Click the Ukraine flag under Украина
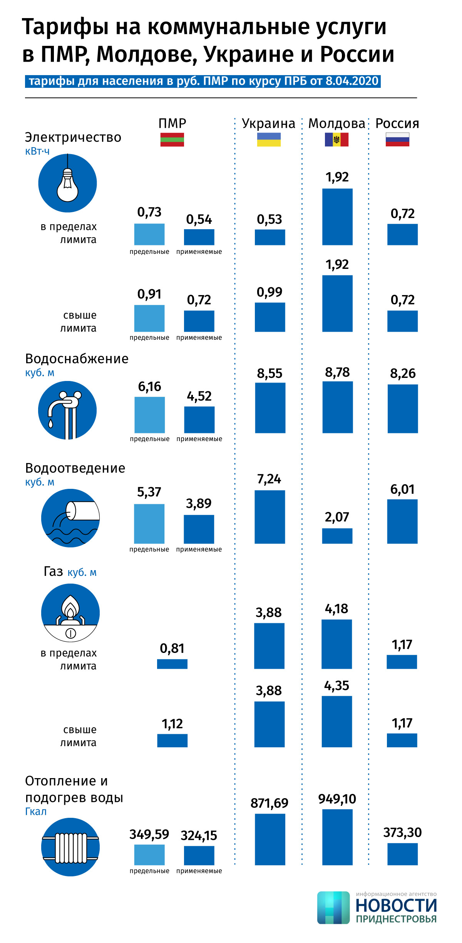tap(269, 139)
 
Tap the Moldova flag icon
tap(336, 139)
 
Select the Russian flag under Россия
tap(397, 139)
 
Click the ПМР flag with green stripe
tap(172, 139)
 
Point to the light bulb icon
tap(67, 183)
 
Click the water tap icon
tap(67, 410)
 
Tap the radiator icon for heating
tap(70, 847)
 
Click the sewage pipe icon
tap(70, 518)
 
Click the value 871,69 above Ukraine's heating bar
tap(269, 803)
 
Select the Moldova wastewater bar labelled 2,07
tap(337, 536)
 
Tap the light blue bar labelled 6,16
tap(150, 415)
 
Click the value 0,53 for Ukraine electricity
tap(269, 220)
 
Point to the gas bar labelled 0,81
tap(172, 664)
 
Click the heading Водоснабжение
tap(77, 359)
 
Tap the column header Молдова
tap(336, 124)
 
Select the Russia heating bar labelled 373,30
tap(402, 854)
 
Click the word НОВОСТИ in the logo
tap(396, 905)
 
